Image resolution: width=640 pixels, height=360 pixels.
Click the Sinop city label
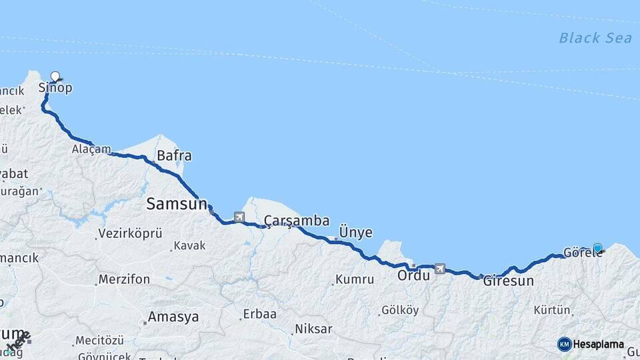pyautogui.click(x=55, y=88)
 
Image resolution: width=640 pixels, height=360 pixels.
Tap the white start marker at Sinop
pyautogui.click(x=55, y=77)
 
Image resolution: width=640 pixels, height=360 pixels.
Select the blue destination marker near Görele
pyautogui.click(x=597, y=248)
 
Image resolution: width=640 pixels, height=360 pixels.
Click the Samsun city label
pyautogui.click(x=177, y=204)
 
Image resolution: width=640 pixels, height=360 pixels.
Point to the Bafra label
pyautogui.click(x=174, y=156)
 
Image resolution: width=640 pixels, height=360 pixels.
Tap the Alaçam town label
pyautogui.click(x=91, y=149)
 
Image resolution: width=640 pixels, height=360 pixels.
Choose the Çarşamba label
pyautogui.click(x=297, y=221)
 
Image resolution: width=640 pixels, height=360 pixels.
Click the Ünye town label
pyautogui.click(x=356, y=232)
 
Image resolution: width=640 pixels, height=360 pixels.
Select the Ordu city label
pyautogui.click(x=413, y=275)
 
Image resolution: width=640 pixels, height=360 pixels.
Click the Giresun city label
pyautogui.click(x=508, y=281)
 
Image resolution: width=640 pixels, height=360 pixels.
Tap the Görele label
pyautogui.click(x=578, y=253)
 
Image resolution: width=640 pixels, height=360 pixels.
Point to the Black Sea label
pyautogui.click(x=595, y=38)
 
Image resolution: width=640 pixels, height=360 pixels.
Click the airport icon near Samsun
pyautogui.click(x=239, y=217)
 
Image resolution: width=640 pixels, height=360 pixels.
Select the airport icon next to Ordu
pyautogui.click(x=439, y=268)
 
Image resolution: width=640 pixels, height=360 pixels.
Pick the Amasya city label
pyautogui.click(x=173, y=317)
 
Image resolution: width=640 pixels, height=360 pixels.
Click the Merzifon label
pyautogui.click(x=123, y=279)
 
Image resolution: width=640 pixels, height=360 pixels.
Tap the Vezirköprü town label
pyautogui.click(x=130, y=233)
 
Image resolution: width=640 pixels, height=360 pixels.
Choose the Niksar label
pyautogui.click(x=313, y=329)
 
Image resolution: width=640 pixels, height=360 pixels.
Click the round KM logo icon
pyautogui.click(x=564, y=344)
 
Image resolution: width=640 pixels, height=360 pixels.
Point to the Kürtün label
pyautogui.click(x=552, y=310)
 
